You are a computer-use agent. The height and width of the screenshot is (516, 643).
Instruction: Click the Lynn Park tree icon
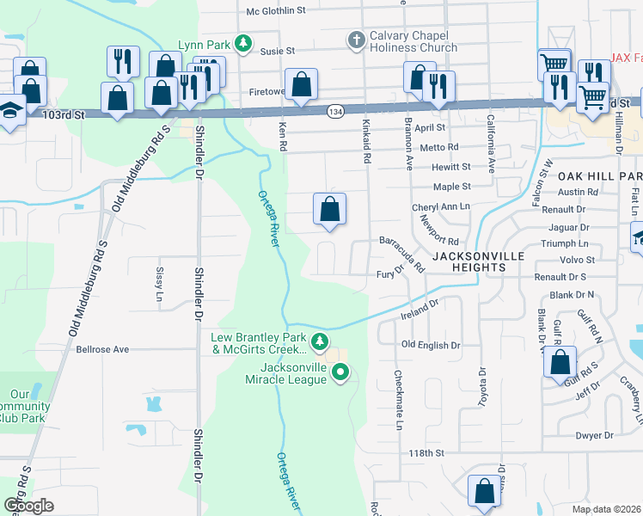pyautogui.click(x=244, y=42)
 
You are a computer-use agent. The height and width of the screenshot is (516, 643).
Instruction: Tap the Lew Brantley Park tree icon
pyautogui.click(x=320, y=342)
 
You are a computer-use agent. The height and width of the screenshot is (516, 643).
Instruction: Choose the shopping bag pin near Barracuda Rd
pyautogui.click(x=329, y=209)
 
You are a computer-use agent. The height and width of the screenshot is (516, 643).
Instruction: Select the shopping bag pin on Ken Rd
pyautogui.click(x=301, y=85)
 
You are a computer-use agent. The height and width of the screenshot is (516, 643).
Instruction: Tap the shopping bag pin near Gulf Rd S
pyautogui.click(x=560, y=361)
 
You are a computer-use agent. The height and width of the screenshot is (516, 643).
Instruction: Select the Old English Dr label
pyautogui.click(x=432, y=345)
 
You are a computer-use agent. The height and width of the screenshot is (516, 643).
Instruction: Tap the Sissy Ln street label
pyautogui.click(x=159, y=277)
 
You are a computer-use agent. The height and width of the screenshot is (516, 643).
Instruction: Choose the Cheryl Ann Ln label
pyautogui.click(x=441, y=207)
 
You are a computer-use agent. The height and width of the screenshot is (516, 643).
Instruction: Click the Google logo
pyautogui.click(x=29, y=505)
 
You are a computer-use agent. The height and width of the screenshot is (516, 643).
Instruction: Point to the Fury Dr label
pyautogui.click(x=390, y=275)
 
